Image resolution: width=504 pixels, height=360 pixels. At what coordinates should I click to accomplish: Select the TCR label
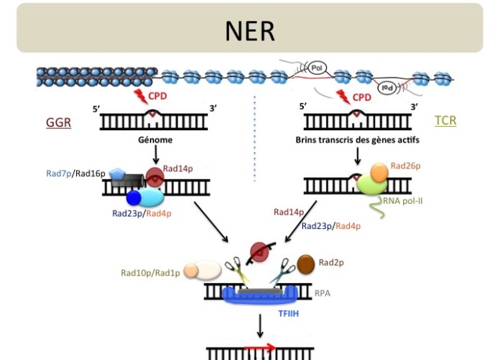pos(446,120)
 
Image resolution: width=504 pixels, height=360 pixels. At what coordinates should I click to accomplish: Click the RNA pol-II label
pos(403,201)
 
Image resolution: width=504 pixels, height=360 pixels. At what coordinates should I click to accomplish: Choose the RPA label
pos(323,294)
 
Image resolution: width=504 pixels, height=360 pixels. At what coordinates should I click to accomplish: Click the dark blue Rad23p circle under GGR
pos(134,197)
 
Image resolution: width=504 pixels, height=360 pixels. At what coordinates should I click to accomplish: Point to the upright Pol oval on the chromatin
pos(318,68)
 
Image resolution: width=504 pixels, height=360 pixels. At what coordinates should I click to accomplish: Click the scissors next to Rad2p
pos(279,271)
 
